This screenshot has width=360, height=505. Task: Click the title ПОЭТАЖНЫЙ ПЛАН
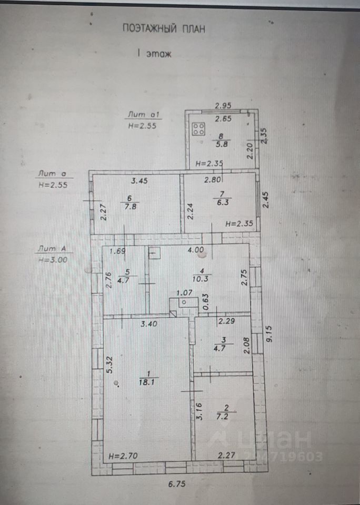163,28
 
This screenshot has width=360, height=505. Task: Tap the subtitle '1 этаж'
154,53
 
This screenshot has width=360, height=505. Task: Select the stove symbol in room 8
199,129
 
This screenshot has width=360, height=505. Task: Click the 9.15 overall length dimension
269,334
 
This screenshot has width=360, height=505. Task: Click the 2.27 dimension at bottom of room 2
226,456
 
